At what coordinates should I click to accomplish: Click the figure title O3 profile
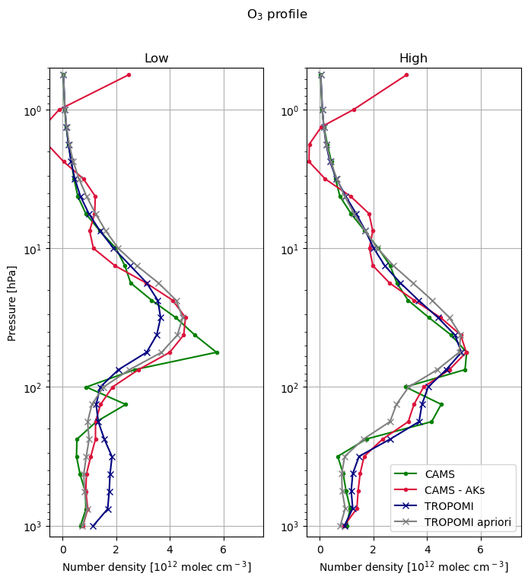tap(277, 14)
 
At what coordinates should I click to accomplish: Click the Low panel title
tap(156, 59)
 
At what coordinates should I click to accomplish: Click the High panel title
tap(414, 59)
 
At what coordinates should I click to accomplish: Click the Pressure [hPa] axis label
tap(11, 303)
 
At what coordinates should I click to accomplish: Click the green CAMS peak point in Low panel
tap(217, 352)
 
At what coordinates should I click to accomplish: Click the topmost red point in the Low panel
tap(129, 75)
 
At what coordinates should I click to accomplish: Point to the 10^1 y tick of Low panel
tap(33, 249)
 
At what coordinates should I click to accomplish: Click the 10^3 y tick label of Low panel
tap(33, 526)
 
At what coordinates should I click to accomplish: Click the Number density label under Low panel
tap(156, 567)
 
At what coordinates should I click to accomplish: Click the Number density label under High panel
tap(414, 567)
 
